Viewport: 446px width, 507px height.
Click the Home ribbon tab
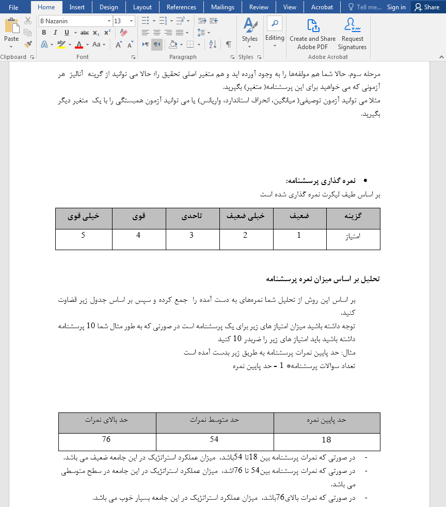point(46,7)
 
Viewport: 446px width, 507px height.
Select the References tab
point(181,7)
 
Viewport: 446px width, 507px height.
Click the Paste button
point(11,32)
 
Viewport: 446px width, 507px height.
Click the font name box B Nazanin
point(75,21)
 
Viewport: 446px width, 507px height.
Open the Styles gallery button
point(250,32)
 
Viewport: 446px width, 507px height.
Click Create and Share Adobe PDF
point(312,34)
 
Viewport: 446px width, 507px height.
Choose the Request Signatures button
point(353,34)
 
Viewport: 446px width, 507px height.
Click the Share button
point(427,7)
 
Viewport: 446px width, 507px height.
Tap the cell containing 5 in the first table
point(84,236)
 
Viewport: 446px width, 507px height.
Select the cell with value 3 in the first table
point(193,236)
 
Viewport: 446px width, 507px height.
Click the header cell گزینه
point(353,217)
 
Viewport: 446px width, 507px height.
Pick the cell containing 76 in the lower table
point(107,440)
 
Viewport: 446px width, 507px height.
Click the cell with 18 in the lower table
point(326,440)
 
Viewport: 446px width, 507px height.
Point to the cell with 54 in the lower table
point(214,440)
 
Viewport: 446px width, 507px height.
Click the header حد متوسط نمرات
point(214,420)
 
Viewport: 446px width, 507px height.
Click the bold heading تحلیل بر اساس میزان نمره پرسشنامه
point(323,279)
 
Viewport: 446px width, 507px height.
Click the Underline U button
point(67,33)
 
